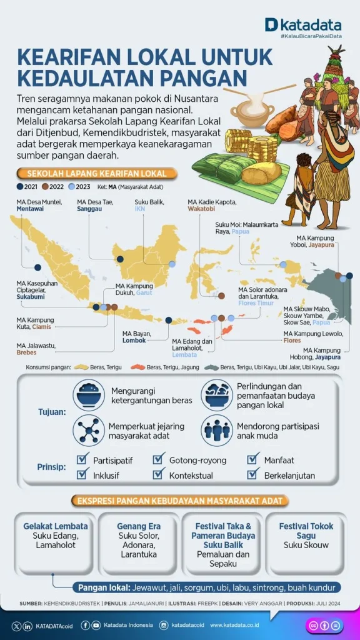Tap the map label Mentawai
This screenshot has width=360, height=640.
tap(31, 209)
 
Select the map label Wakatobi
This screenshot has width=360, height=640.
tap(201, 209)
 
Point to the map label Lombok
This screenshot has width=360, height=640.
tap(134, 340)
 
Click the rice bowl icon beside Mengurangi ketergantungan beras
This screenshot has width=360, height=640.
tap(89, 395)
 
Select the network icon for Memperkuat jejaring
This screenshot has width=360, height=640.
tap(89, 431)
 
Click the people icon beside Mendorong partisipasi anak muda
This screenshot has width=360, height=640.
tap(216, 431)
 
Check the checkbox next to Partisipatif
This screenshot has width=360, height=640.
tap(82, 460)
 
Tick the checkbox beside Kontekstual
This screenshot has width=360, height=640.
tap(159, 475)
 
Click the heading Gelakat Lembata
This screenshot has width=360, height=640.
tap(56, 526)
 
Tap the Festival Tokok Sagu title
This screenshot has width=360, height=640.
tap(306, 531)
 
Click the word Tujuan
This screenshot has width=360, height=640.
tap(52, 412)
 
